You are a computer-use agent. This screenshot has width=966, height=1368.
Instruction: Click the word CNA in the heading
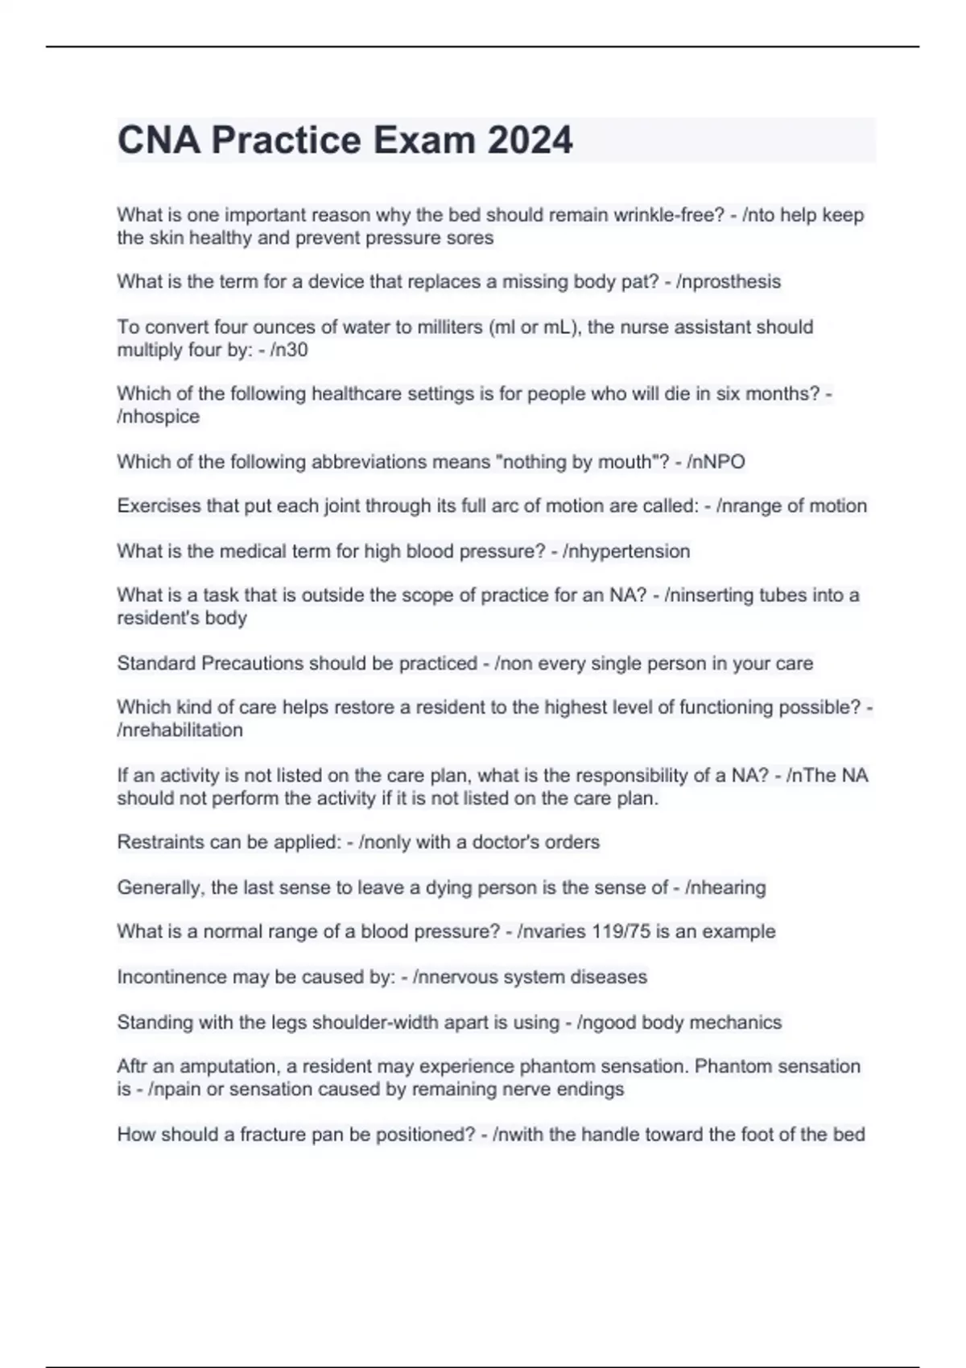click(159, 140)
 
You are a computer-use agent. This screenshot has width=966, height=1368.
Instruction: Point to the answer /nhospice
click(159, 417)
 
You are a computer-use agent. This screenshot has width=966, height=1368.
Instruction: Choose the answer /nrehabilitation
click(180, 730)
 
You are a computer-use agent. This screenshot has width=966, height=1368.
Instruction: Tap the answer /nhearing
click(725, 888)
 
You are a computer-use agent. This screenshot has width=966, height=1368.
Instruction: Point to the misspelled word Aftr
click(133, 1066)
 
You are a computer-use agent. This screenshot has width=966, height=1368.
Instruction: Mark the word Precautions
click(252, 663)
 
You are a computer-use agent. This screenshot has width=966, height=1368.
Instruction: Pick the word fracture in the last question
click(275, 1135)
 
